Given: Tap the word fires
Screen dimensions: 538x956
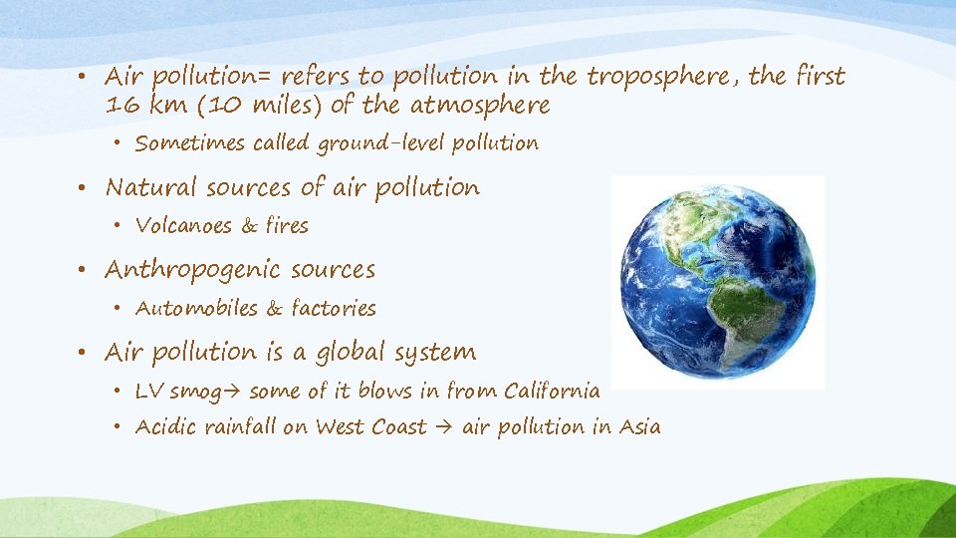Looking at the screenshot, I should click(x=287, y=226).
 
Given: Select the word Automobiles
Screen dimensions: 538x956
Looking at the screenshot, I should click(x=196, y=309).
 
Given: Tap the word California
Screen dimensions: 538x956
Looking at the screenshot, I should click(x=553, y=391).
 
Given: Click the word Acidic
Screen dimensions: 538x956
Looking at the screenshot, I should click(x=166, y=427).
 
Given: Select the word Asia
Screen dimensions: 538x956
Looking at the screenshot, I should click(x=639, y=427).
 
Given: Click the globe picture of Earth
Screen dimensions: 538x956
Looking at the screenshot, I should click(x=717, y=282).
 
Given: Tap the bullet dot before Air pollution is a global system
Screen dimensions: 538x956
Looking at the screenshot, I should click(x=89, y=353).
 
